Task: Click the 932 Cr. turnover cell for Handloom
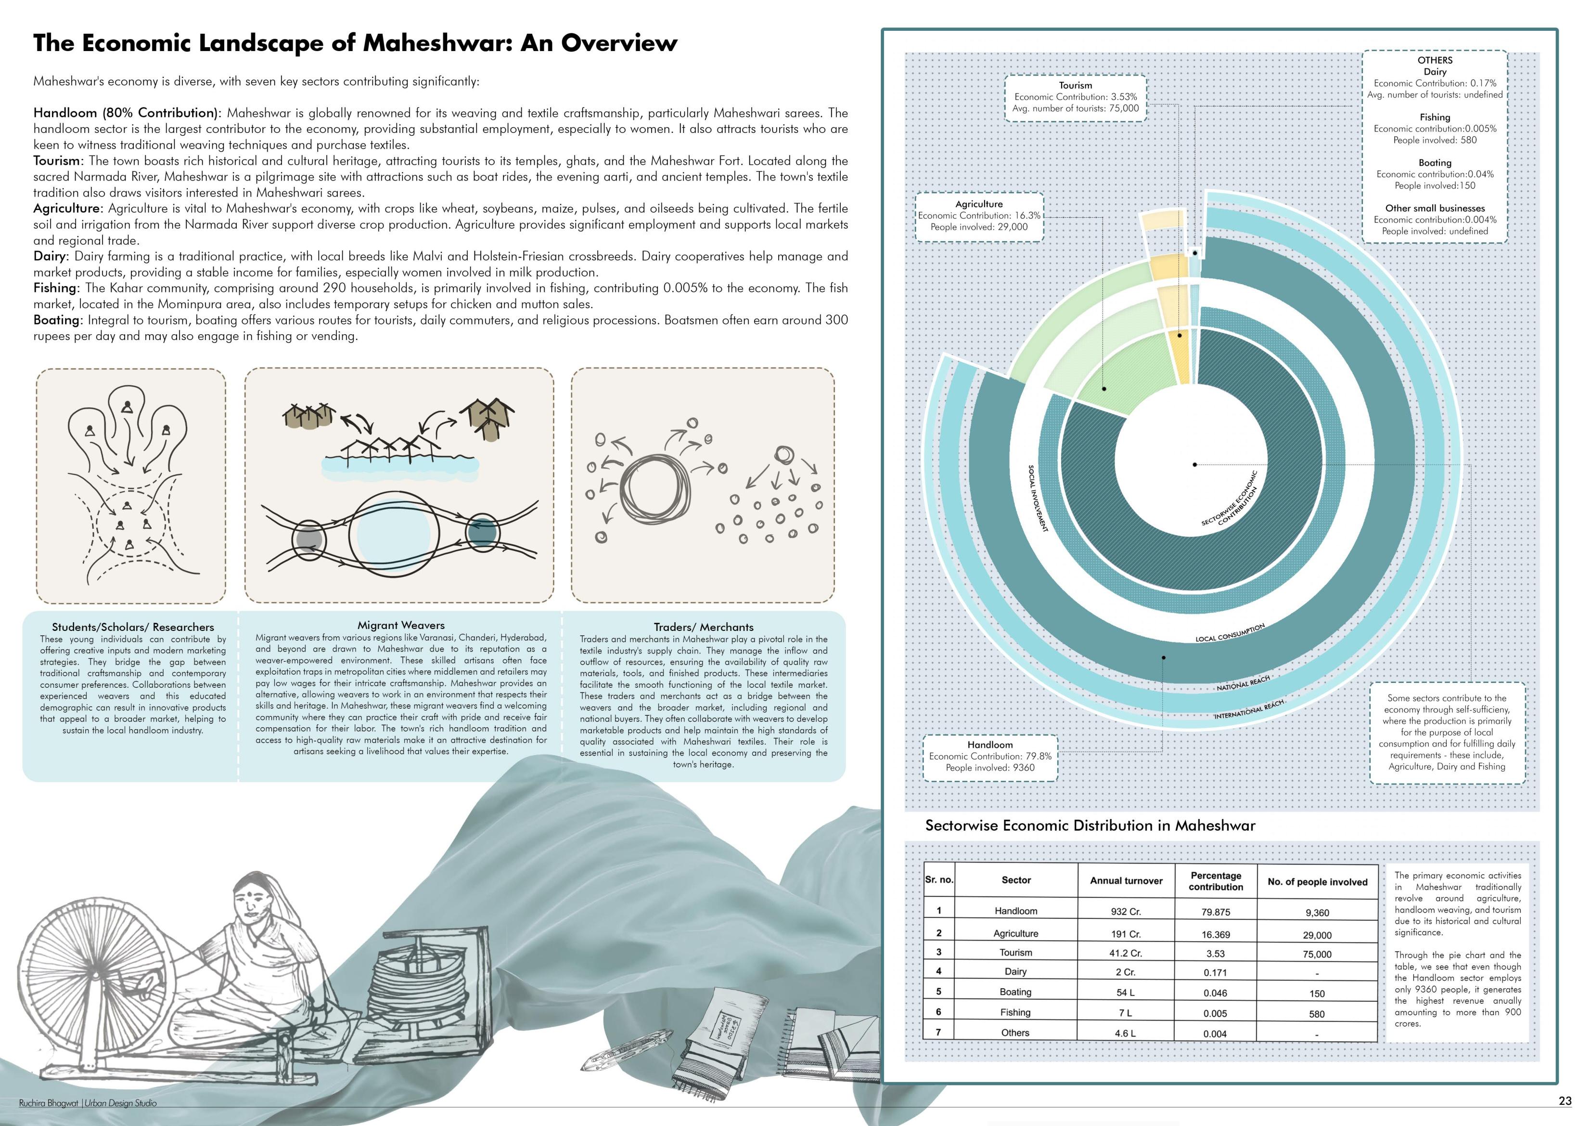point(1125,912)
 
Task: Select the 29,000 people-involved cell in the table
point(1317,935)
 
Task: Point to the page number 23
point(1565,1101)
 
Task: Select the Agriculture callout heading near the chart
point(978,204)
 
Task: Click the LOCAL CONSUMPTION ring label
point(1230,633)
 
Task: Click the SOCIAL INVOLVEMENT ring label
point(1038,498)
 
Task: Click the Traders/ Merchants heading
point(703,627)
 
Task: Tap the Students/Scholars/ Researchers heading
point(133,627)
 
